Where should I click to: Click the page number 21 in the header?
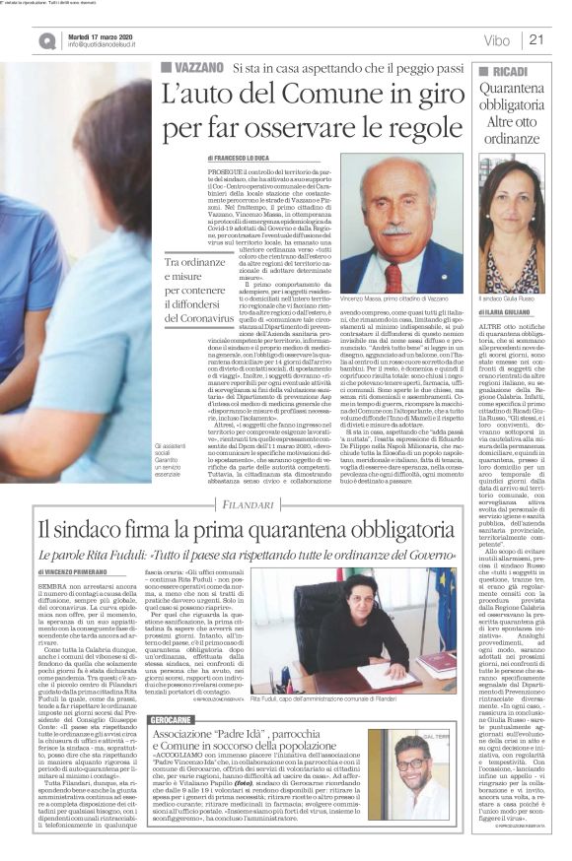tap(537, 39)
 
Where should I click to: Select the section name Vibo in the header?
tap(497, 39)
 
